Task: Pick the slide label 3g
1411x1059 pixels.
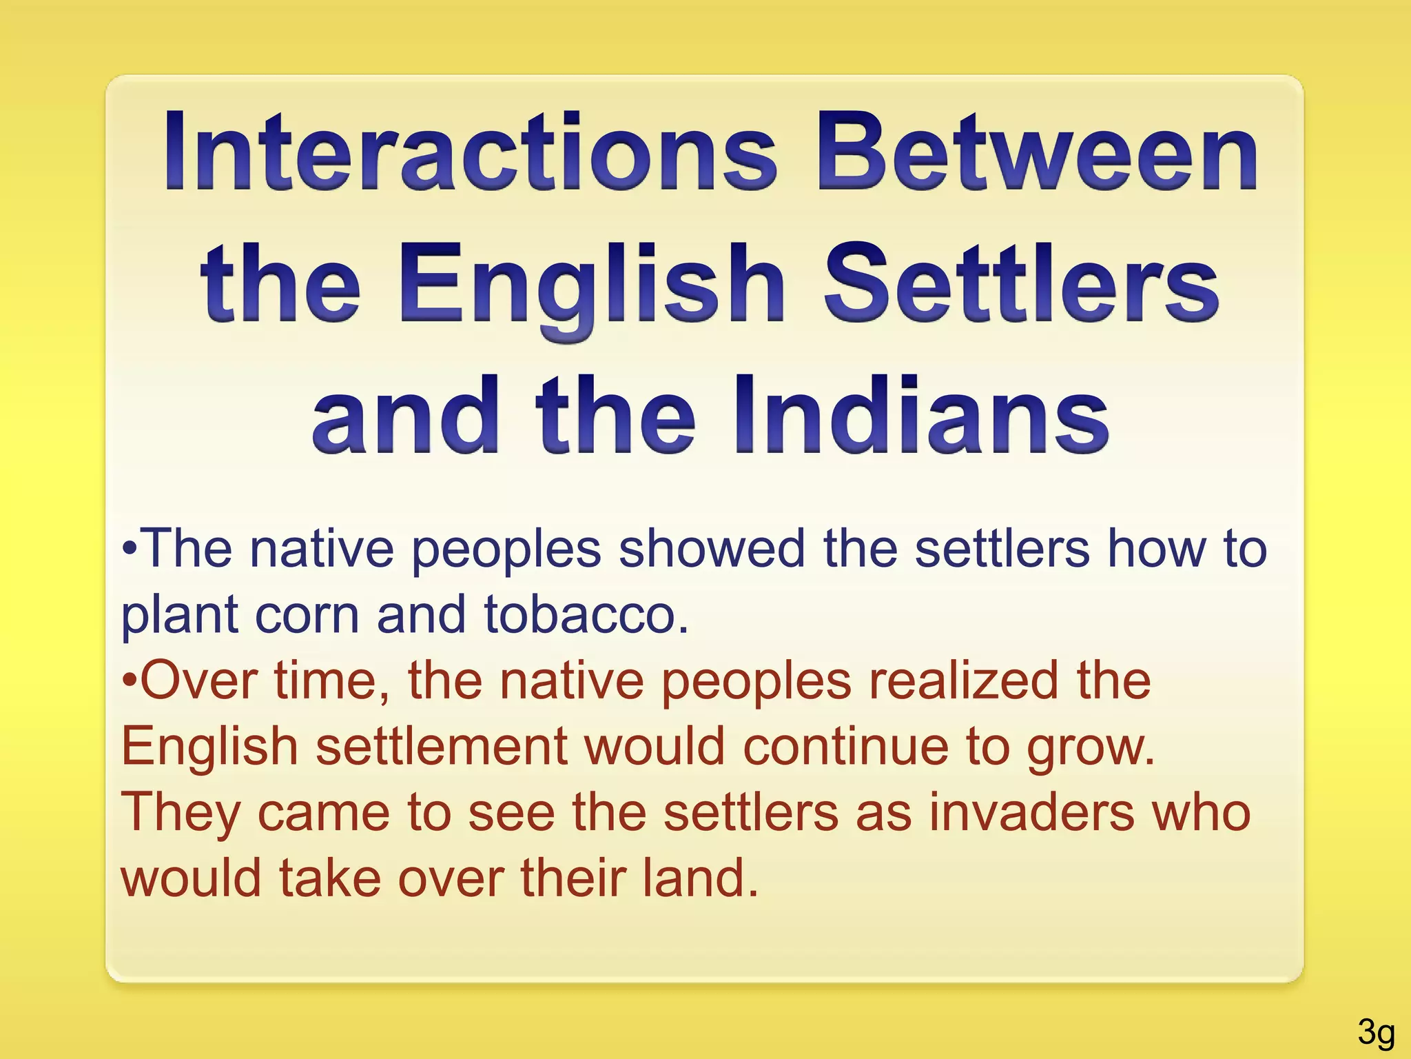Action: click(1376, 1032)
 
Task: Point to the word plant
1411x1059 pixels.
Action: click(179, 615)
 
